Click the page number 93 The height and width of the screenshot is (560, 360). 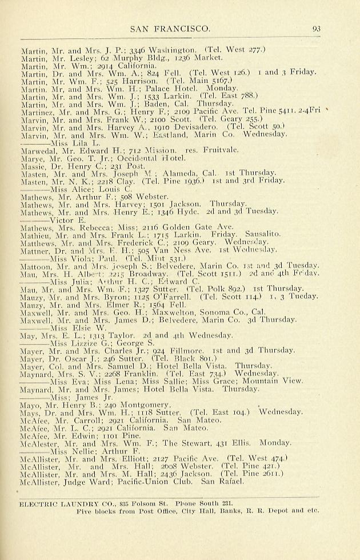click(317, 28)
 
